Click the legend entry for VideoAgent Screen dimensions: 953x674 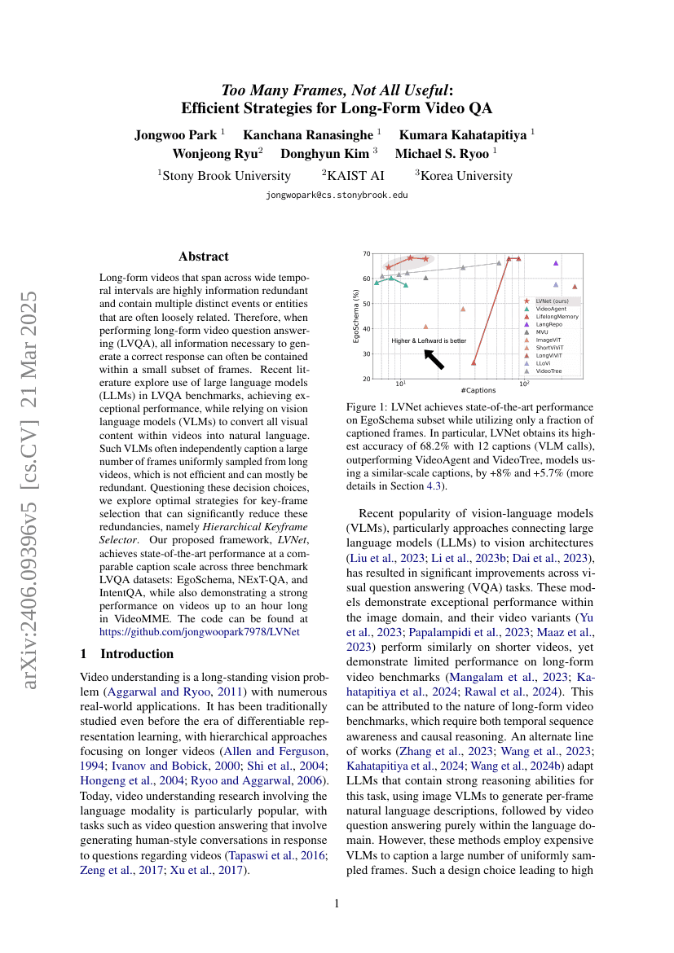click(551, 310)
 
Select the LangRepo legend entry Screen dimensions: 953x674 click(548, 324)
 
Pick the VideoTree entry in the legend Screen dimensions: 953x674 click(548, 371)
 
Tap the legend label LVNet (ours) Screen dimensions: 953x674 click(553, 301)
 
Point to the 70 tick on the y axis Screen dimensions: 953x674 click(367, 253)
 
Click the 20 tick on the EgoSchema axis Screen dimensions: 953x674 click(367, 379)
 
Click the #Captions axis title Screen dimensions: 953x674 click(478, 390)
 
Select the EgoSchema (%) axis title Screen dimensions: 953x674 click(356, 316)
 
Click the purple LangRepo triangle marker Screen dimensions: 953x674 click(556, 263)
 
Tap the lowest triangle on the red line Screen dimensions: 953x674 click(474, 362)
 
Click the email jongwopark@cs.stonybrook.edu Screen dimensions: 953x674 click(337, 195)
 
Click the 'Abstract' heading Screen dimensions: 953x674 click(204, 257)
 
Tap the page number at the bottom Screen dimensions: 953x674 click(337, 903)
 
